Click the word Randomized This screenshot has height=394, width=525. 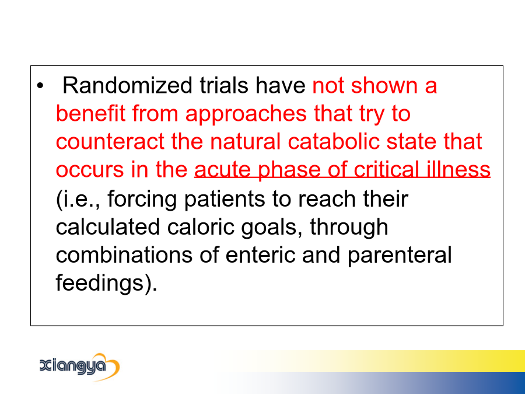point(127,85)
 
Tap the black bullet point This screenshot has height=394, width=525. point(40,86)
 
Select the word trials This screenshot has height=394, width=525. point(224,85)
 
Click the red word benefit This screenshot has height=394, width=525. point(90,113)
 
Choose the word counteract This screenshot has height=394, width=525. point(110,141)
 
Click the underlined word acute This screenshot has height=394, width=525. point(222,170)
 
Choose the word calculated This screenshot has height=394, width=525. point(107,226)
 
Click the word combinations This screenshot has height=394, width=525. point(124,254)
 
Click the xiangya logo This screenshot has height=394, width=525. point(79,366)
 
